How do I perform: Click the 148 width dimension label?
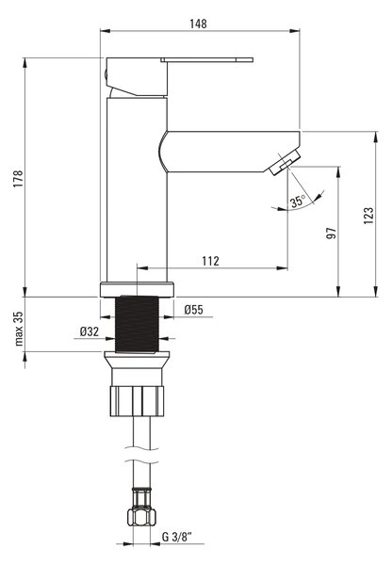coord(198,24)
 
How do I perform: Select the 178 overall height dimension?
coord(18,178)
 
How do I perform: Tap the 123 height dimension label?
coord(368,216)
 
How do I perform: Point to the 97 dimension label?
coord(331,234)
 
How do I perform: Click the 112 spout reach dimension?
coord(210,261)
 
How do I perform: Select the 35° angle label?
coord(298,201)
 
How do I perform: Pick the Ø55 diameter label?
coord(194,310)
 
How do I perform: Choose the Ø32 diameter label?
coord(90,331)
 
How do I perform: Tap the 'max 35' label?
coord(19,329)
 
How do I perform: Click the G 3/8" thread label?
coord(177,537)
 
